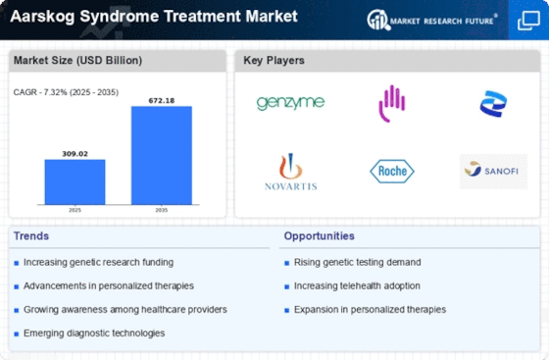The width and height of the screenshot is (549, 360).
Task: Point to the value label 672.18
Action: click(x=162, y=99)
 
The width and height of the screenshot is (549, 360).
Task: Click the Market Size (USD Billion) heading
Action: click(x=76, y=61)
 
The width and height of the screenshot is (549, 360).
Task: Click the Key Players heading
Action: click(x=274, y=61)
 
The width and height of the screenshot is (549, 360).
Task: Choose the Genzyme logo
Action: click(x=290, y=103)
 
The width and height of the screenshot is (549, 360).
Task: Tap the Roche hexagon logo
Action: click(x=391, y=172)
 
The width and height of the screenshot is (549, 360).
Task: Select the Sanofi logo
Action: click(x=493, y=172)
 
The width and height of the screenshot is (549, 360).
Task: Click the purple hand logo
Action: click(x=391, y=101)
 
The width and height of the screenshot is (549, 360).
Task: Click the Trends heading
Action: click(x=30, y=236)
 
